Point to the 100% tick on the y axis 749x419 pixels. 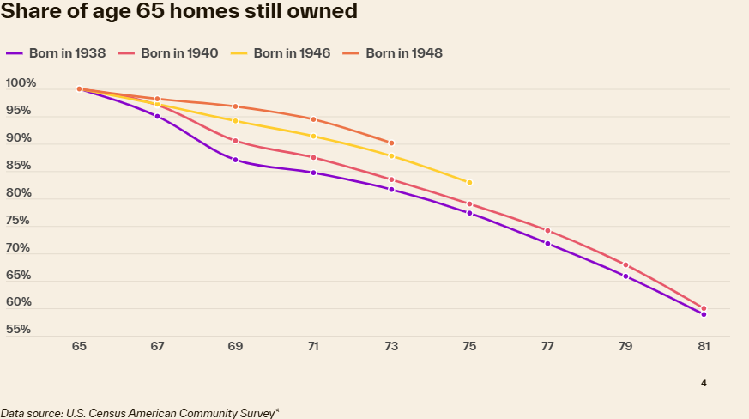[21, 83]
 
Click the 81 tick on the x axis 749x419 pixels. [704, 347]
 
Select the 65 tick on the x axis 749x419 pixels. [79, 347]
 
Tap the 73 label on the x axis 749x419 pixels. [391, 347]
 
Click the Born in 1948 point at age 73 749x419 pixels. [391, 143]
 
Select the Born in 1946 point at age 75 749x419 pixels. [469, 183]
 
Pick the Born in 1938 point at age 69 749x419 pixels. [235, 160]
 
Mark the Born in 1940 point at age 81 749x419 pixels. [704, 308]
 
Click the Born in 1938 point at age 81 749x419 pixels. [704, 314]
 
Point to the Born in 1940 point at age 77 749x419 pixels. [547, 231]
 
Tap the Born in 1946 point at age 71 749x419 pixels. [313, 137]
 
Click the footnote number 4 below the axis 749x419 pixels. [704, 383]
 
